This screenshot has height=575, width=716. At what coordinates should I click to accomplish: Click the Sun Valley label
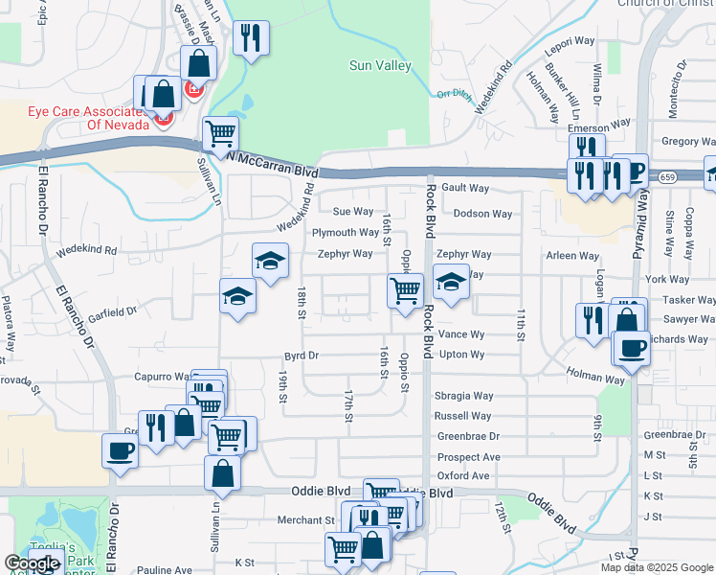pos(380,66)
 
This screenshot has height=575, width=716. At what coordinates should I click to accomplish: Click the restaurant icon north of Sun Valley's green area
pos(250,38)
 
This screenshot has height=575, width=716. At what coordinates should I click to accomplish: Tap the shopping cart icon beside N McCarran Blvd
pos(220,133)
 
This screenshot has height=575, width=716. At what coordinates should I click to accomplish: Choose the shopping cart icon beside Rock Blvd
pos(405,288)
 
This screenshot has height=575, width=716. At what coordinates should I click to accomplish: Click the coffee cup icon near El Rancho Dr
pos(121,449)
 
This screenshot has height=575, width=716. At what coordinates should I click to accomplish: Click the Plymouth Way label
pos(345,233)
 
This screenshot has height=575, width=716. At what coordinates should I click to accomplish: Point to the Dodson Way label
pos(482,214)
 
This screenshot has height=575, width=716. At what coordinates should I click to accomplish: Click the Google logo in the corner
pos(33,563)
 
